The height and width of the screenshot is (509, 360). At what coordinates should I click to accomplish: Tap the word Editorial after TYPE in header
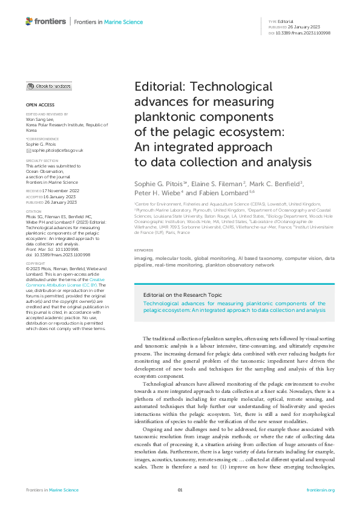[x=286, y=21]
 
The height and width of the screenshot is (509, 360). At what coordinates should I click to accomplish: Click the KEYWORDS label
[x=143, y=250]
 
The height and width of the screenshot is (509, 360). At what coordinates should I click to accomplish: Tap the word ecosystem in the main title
[x=245, y=132]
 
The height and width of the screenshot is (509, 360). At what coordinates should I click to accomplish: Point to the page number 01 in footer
[x=180, y=490]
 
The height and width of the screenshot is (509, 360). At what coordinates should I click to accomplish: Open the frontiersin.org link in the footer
[x=320, y=490]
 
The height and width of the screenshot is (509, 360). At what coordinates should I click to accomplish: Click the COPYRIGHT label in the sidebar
[x=35, y=264]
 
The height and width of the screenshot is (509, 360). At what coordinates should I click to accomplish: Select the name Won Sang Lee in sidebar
[x=41, y=119]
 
